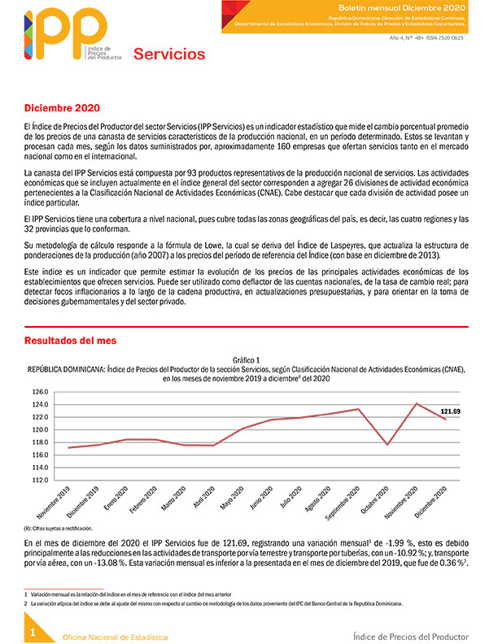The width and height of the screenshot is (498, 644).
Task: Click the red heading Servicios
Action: point(169,54)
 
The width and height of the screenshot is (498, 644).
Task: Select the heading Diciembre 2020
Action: point(62,108)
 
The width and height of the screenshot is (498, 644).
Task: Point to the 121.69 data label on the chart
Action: point(456,411)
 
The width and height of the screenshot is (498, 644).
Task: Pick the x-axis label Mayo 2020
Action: point(229,498)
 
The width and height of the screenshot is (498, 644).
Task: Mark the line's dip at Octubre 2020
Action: point(388,444)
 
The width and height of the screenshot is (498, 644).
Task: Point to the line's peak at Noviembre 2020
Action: point(417,403)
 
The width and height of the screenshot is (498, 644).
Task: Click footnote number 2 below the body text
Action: point(26,603)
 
